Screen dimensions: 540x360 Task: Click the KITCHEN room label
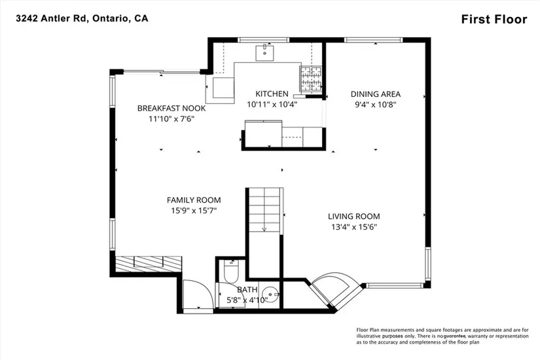[x=272, y=94]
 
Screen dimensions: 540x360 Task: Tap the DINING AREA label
[x=376, y=94]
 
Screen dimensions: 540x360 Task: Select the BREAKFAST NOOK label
[x=171, y=108]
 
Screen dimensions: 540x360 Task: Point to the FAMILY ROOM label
[x=194, y=200]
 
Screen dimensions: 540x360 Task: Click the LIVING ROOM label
[x=353, y=217]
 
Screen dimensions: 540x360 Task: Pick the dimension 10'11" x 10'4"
[x=272, y=104]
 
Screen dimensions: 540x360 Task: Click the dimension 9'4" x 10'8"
[x=376, y=104]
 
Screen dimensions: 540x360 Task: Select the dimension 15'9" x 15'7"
[x=194, y=211]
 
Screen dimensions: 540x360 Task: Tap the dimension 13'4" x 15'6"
[x=353, y=227]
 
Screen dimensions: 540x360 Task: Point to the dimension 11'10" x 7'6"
[x=171, y=119]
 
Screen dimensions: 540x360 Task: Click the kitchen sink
[x=264, y=52]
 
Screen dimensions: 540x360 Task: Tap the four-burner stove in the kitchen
[x=311, y=79]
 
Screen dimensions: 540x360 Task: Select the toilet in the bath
[x=231, y=271]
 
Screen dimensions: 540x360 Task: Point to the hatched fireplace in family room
[x=149, y=264]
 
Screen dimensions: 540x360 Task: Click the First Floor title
[x=494, y=19]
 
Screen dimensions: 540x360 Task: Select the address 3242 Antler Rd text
[x=54, y=18]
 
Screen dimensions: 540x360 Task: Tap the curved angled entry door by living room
[x=336, y=289]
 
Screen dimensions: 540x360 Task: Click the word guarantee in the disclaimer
[x=454, y=336]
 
